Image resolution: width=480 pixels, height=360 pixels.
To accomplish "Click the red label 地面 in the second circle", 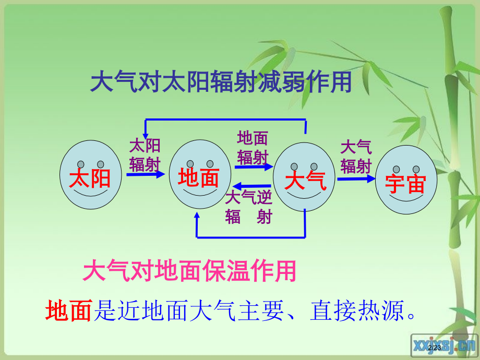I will (198, 177).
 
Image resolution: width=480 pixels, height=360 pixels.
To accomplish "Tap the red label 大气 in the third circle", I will (305, 181).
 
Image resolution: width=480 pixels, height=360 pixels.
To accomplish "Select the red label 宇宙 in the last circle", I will (405, 184).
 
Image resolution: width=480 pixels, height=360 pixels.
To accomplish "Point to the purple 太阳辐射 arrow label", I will (145, 155).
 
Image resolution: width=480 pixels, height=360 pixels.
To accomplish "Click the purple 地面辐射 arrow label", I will (253, 147).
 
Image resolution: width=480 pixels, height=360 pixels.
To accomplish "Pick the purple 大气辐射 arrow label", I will (355, 156).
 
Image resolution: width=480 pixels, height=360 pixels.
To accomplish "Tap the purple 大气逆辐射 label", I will (248, 207).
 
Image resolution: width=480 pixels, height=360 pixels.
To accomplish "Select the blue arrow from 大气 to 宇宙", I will (356, 178).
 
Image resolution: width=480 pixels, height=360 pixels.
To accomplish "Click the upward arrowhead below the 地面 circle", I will (196, 217).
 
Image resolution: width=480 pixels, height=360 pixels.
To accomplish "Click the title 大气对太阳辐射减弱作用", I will (221, 82).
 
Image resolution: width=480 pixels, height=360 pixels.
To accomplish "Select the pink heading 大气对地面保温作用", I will (189, 271).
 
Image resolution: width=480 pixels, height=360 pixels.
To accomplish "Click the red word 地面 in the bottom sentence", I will (68, 311).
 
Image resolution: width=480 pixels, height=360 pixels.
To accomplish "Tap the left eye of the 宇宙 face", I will (397, 169).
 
